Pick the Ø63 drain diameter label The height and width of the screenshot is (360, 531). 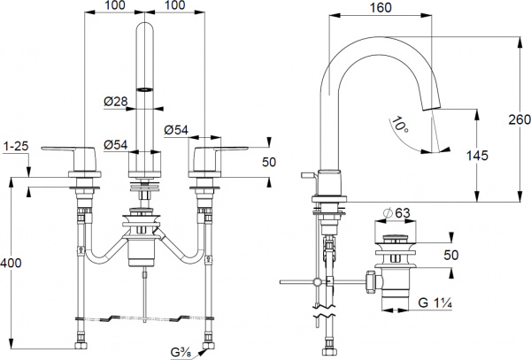coord(396,213)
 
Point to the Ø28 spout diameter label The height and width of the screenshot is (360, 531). coord(116,103)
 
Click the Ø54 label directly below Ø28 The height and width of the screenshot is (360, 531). coord(116,145)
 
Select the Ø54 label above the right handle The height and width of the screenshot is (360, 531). coord(177,129)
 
